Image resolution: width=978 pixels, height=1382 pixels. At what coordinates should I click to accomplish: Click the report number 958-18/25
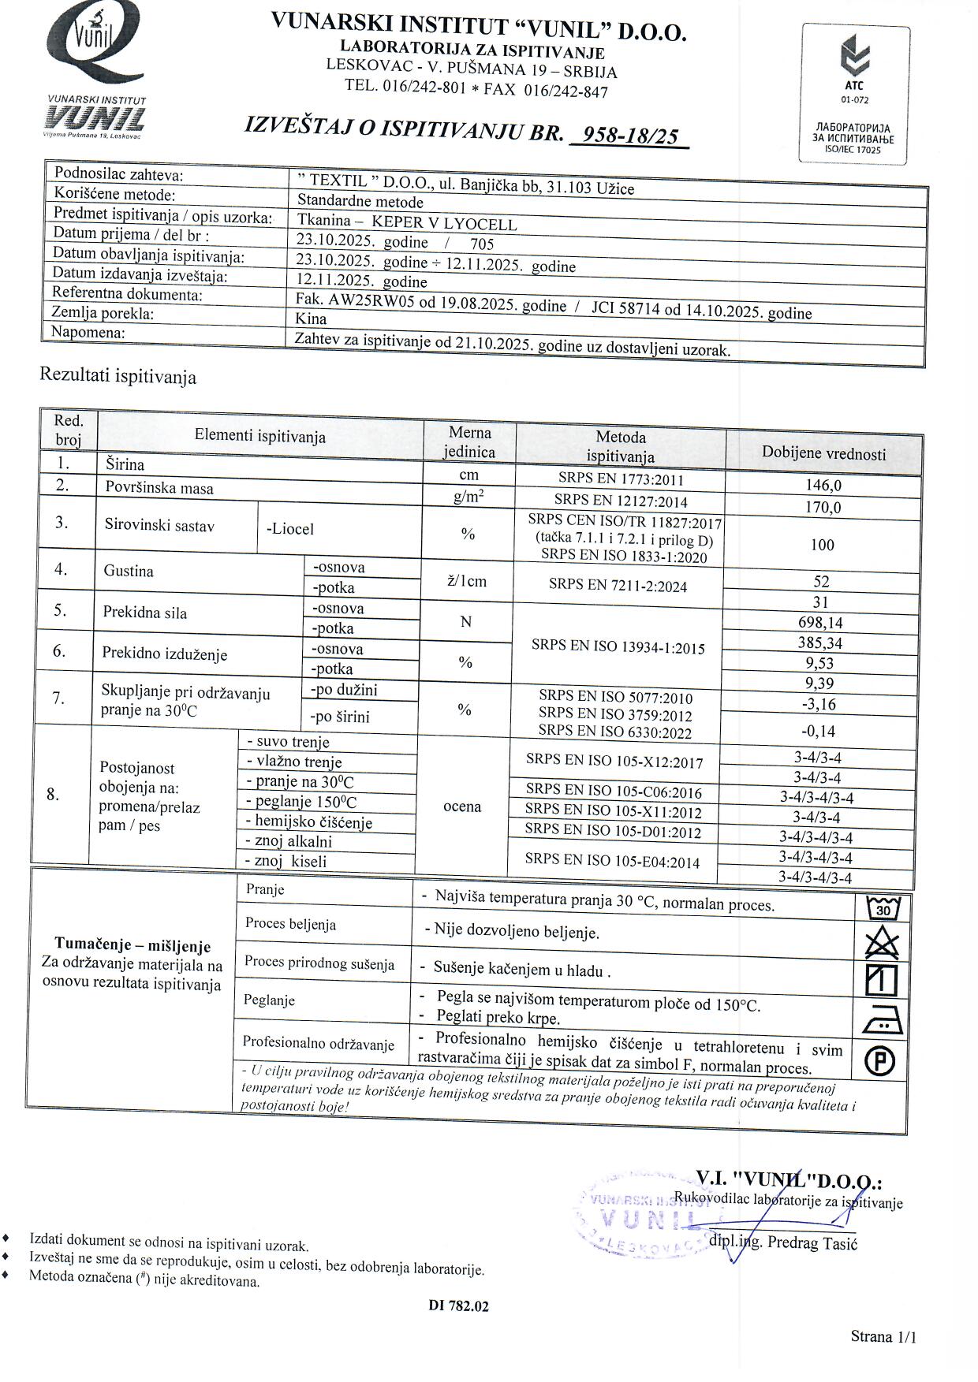click(629, 135)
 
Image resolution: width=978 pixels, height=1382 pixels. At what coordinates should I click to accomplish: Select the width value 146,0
click(823, 486)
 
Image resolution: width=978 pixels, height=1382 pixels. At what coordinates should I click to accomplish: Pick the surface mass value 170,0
click(823, 507)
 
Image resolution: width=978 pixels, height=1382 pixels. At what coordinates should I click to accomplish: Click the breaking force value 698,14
click(820, 623)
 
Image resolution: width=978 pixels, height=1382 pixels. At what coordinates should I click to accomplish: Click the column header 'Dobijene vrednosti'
click(823, 453)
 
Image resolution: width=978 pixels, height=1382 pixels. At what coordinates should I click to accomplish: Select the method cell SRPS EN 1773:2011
click(621, 479)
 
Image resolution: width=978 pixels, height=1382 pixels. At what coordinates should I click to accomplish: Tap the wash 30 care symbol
click(883, 909)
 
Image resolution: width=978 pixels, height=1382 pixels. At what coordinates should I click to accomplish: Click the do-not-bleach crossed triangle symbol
click(882, 942)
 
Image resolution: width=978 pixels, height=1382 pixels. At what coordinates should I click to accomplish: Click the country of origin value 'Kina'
click(311, 318)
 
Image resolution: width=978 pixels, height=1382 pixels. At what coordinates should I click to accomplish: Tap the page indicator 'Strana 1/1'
click(883, 1335)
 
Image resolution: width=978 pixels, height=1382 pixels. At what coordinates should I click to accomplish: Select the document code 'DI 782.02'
click(458, 1306)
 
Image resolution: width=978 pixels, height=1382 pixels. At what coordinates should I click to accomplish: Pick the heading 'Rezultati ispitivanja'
click(118, 376)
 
